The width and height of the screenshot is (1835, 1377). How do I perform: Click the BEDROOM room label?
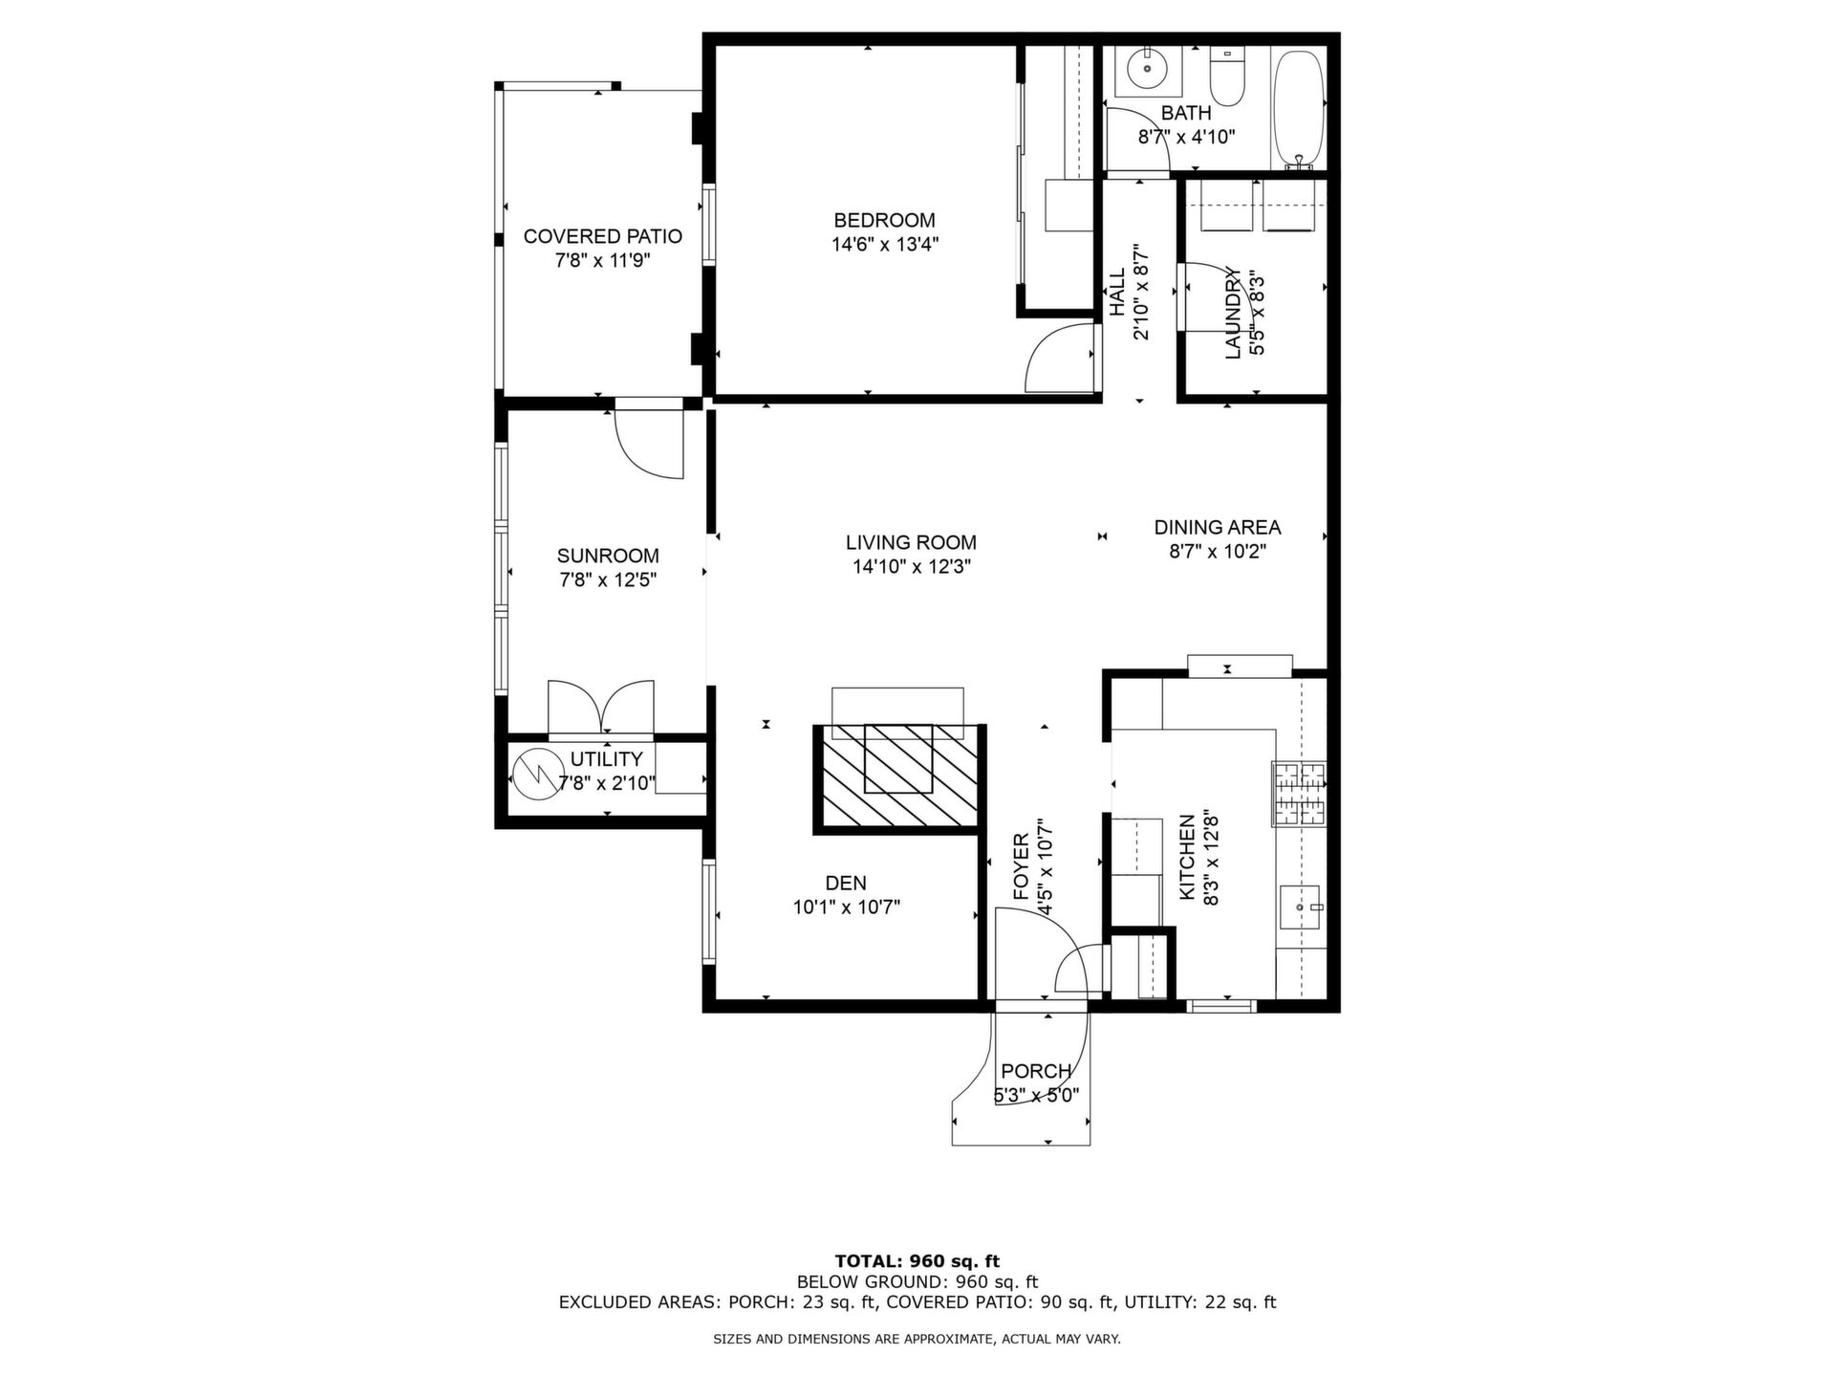[x=884, y=220]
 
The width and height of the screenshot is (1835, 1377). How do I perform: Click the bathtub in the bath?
[x=1298, y=108]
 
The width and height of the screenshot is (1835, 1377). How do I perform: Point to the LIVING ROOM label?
[x=911, y=543]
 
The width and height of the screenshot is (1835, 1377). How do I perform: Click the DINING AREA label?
[x=1217, y=527]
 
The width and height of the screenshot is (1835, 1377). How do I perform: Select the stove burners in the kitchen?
[x=1299, y=794]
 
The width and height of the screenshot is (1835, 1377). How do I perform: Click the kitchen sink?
[x=1301, y=906]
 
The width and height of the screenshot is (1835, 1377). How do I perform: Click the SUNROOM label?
[x=608, y=556]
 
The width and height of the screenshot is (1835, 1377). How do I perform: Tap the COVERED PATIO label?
[x=602, y=236]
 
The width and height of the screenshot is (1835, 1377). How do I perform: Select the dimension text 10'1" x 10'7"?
[x=846, y=907]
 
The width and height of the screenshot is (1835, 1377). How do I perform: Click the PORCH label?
[x=1036, y=1071]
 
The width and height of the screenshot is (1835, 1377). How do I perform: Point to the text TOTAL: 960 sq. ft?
[x=917, y=1261]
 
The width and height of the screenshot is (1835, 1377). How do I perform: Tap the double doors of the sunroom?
[x=601, y=709]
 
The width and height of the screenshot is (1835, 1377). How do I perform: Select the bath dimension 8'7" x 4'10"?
[x=1186, y=137]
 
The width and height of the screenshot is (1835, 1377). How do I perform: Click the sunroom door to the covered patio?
[x=650, y=440]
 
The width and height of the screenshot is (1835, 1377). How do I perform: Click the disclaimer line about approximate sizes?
[x=917, y=1340]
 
